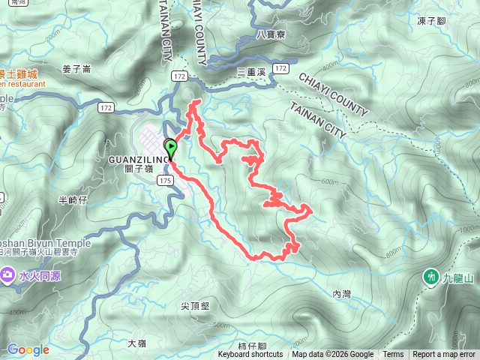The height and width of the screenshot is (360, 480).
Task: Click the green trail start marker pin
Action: pos(171,147)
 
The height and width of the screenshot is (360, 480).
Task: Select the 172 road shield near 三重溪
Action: pos(280,68)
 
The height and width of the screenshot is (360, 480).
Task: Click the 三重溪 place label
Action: pos(251,70)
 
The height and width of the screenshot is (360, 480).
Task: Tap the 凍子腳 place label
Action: pos(432,21)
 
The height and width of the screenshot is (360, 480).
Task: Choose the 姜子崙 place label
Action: pos(76,69)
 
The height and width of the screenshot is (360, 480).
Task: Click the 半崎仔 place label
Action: pos(73,200)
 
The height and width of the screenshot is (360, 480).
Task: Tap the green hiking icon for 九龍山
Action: pos(430,277)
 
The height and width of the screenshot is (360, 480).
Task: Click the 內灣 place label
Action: pos(341,293)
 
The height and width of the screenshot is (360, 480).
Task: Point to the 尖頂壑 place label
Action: pos(195,306)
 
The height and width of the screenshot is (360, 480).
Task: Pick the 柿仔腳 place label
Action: pos(252,346)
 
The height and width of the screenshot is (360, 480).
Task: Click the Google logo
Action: pos(28,349)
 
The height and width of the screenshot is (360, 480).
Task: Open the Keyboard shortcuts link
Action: pos(250,355)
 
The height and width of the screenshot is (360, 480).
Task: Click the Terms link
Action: pos(393,355)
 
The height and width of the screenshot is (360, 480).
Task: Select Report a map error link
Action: pos(444,355)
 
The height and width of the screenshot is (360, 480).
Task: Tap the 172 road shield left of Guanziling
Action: pos(106,108)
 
